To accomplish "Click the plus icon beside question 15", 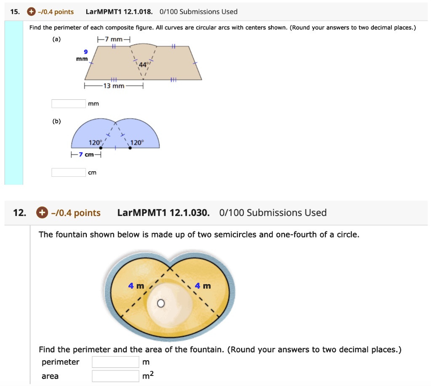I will coord(31,12).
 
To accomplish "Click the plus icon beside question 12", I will coord(42,213).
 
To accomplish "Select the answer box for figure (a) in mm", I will coord(69,104).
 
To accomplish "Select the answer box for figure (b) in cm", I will coord(69,172).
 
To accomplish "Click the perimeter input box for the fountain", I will coord(115,362).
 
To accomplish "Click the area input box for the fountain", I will coord(115,376).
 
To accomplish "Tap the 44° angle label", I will coord(143,65).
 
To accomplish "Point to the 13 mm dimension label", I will coord(114,86).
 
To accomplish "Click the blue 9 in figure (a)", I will coord(85,52).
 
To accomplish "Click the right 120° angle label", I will coord(137,143).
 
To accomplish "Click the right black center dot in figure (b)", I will coord(130,148).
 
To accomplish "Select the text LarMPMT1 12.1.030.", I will coord(163,213).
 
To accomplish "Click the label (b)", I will coord(56,121).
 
